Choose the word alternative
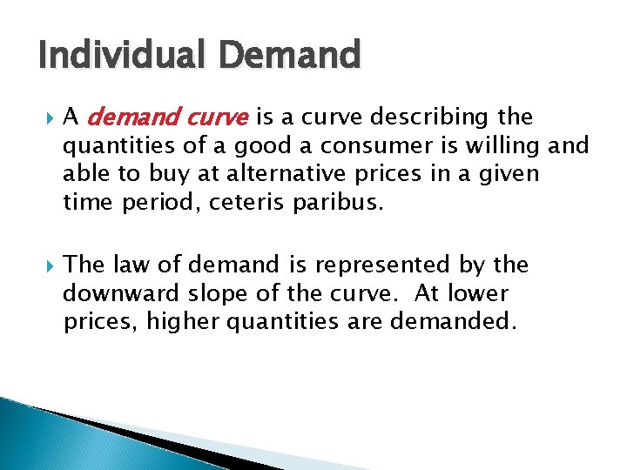(x=291, y=173)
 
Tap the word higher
(x=182, y=321)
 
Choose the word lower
(x=481, y=293)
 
